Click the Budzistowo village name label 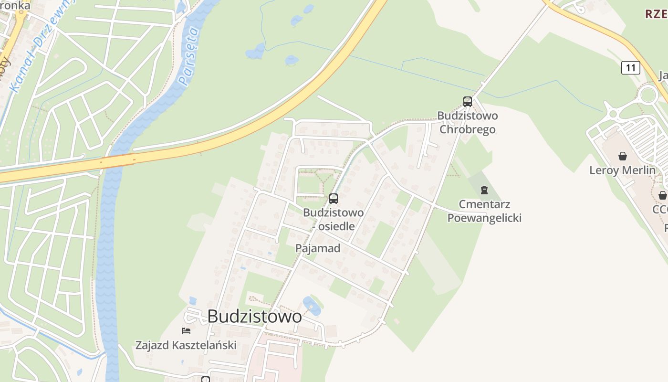[254, 316]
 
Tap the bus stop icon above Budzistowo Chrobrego [467, 101]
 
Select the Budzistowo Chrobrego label [468, 122]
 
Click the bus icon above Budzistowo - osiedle [334, 199]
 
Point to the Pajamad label [318, 248]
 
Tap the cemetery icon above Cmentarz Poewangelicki [484, 190]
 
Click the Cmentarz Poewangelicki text [484, 211]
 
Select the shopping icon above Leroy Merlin [622, 156]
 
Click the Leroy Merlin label [622, 170]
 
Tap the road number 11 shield [630, 68]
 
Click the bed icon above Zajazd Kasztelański [186, 330]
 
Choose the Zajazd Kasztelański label [186, 345]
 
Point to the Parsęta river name [188, 56]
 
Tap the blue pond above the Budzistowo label [311, 306]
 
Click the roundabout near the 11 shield [648, 95]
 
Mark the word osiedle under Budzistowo [336, 226]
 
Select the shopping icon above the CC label [662, 195]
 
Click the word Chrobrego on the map [468, 129]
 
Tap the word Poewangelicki [484, 218]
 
